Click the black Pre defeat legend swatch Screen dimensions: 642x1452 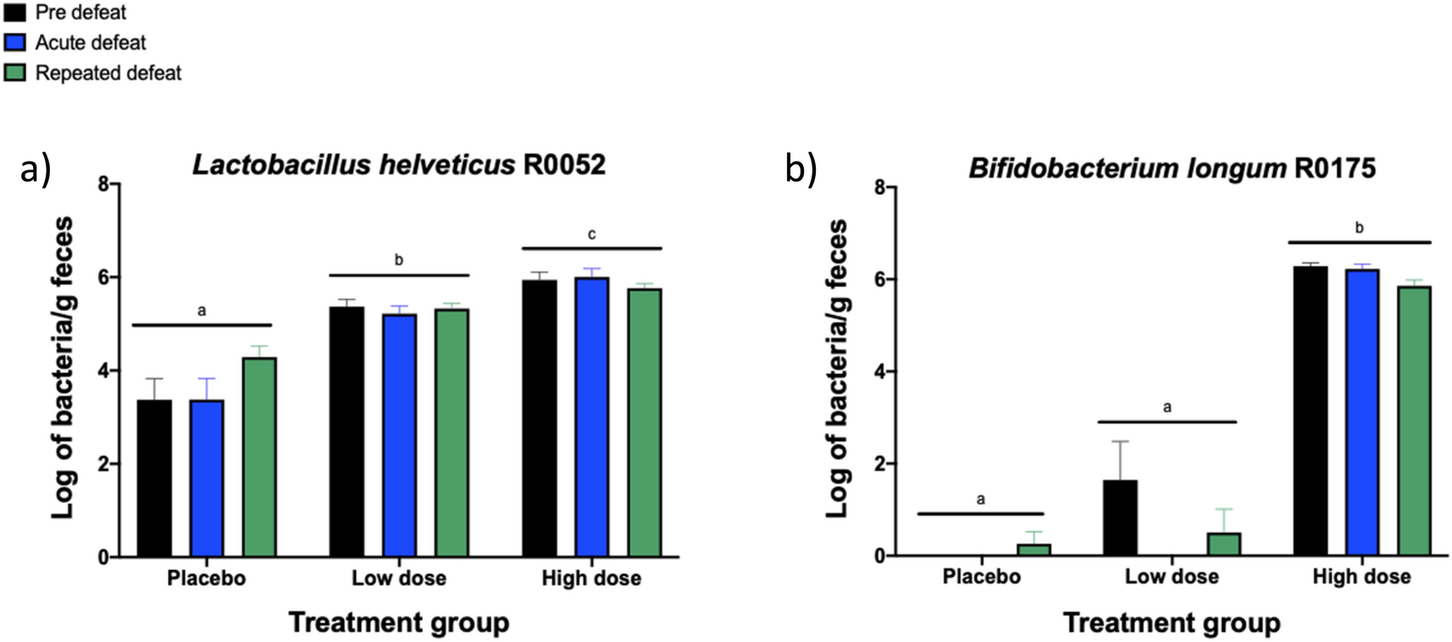pos(14,13)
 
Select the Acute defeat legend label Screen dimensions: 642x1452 pos(90,42)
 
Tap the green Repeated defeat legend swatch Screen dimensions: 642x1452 pos(14,73)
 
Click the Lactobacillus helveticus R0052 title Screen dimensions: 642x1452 pos(398,164)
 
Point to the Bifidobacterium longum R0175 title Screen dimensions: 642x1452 pos(1172,168)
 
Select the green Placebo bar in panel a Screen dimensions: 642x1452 pos(260,457)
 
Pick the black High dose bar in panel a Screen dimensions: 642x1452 pos(539,418)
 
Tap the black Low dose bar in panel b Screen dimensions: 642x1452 pos(1120,517)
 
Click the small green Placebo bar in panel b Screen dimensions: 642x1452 pos(1034,550)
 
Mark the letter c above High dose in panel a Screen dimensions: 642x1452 pos(591,234)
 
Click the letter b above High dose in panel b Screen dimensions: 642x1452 pos(1360,227)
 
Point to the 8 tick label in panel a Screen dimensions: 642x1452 pos(103,185)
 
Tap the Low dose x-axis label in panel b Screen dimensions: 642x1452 pos(1172,577)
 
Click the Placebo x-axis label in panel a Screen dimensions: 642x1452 pos(206,578)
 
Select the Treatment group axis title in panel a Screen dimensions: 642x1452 pos(398,623)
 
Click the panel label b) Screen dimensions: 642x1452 pos(801,169)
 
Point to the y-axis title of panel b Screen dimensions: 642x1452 pos(836,369)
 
